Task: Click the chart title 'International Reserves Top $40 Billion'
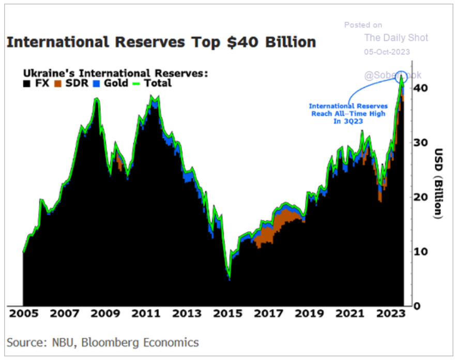[161, 42]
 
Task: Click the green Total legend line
[139, 83]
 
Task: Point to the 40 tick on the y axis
[422, 88]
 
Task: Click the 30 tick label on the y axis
[422, 143]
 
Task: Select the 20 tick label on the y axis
[422, 197]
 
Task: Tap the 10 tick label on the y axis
[422, 251]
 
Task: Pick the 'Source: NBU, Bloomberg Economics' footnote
[102, 342]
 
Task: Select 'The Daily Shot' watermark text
[396, 38]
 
